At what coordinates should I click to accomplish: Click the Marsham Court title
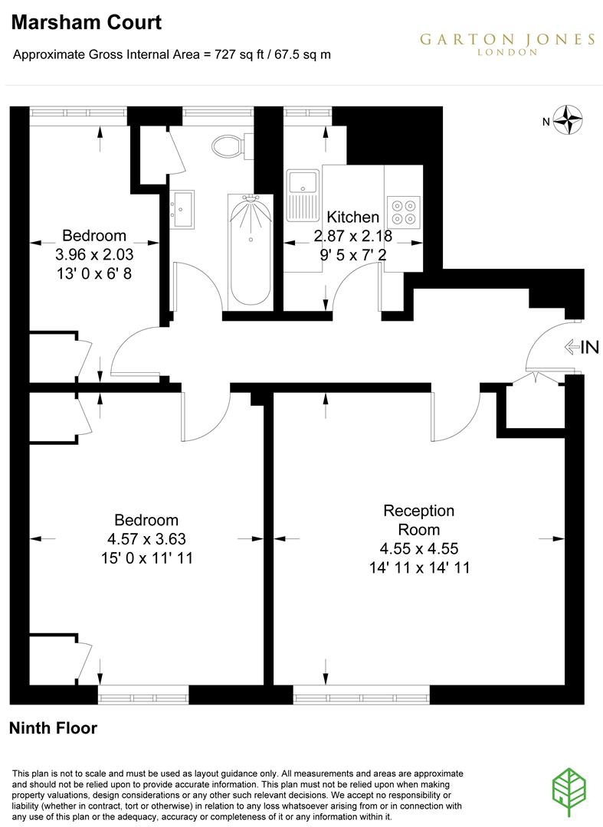click(87, 23)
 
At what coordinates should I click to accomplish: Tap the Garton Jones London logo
click(506, 44)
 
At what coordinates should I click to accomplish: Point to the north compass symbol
click(569, 120)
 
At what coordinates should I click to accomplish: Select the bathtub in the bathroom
click(249, 250)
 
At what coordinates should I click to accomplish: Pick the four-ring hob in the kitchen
click(403, 212)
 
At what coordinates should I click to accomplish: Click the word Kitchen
click(352, 217)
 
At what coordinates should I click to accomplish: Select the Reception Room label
click(418, 520)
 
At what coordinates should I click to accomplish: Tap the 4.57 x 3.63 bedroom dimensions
click(146, 539)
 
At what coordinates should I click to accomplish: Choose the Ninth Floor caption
click(53, 728)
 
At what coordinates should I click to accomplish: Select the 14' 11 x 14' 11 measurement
click(418, 567)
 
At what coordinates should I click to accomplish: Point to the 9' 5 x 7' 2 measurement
click(352, 255)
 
